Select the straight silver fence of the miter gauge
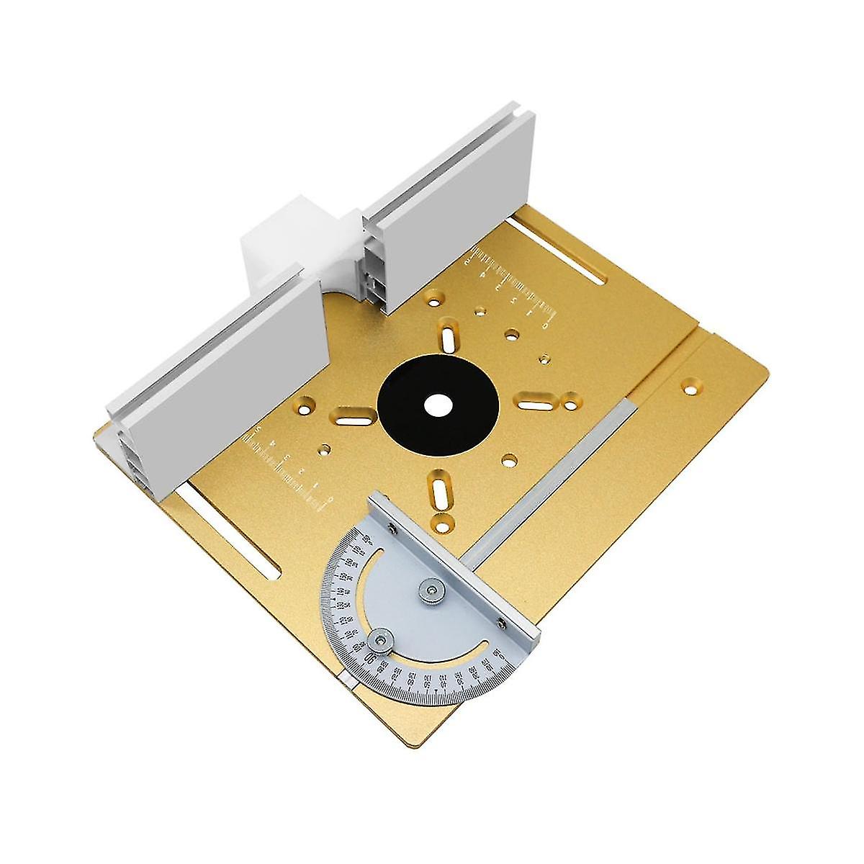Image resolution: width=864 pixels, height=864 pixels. click(454, 562)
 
